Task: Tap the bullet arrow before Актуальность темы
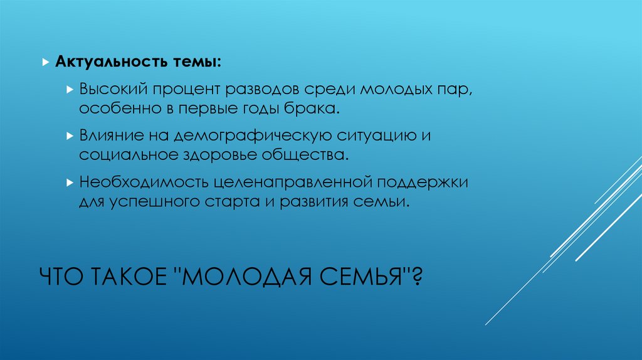pos(45,64)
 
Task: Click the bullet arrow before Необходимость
pos(70,183)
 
